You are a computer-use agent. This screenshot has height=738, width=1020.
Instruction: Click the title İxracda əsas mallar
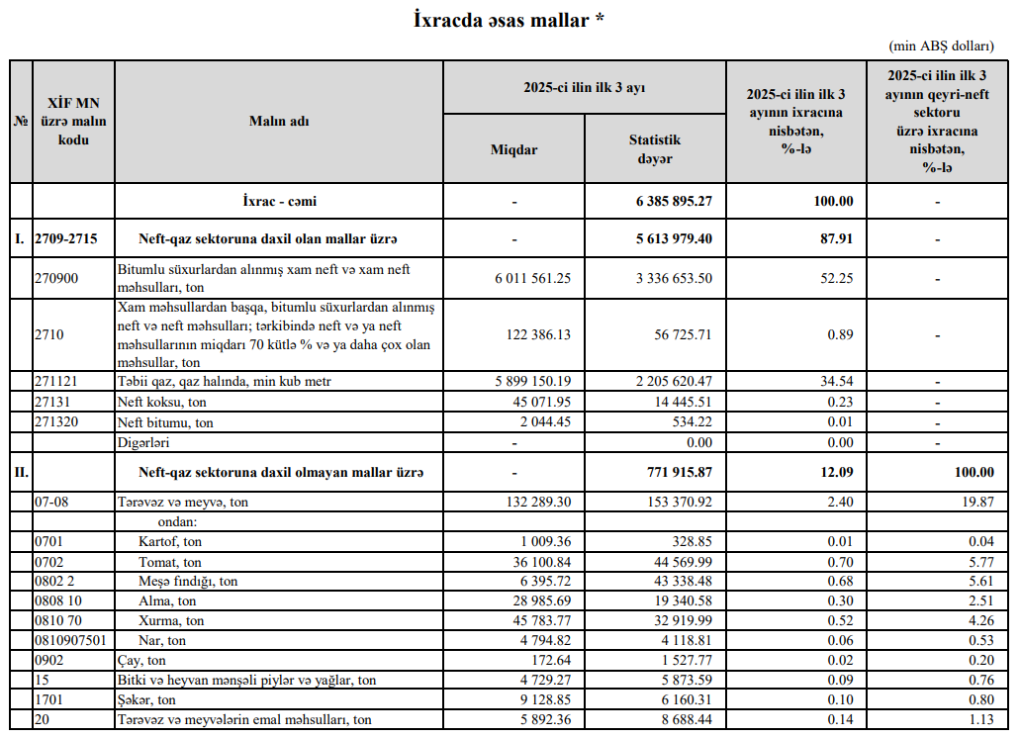509,20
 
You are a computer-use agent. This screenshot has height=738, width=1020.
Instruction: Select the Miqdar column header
514,149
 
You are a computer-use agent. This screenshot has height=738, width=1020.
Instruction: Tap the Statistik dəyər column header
655,149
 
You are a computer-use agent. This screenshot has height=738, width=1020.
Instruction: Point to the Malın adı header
279,121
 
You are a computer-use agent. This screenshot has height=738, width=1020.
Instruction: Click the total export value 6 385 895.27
674,201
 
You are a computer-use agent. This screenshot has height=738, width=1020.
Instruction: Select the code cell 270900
55,279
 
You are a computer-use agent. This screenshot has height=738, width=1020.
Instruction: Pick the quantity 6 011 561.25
533,279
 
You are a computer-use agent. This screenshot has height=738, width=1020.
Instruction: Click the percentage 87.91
833,238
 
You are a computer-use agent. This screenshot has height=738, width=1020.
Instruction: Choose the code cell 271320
55,422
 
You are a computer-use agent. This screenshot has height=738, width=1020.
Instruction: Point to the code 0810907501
69,640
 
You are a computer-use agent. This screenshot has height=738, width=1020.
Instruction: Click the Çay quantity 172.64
551,660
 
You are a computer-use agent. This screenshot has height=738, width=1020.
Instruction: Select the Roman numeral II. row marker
21,473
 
